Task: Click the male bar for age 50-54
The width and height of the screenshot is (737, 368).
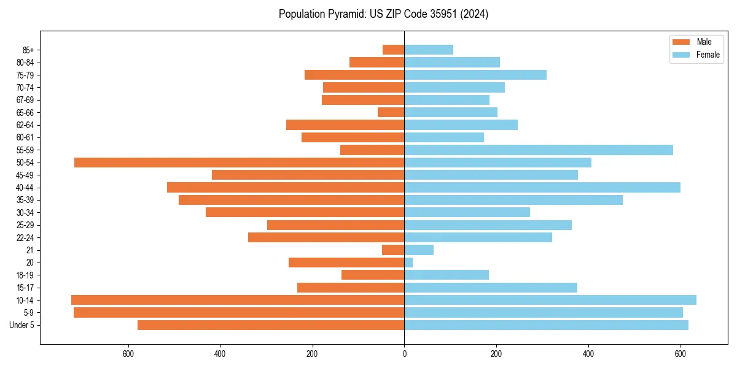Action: [239, 163]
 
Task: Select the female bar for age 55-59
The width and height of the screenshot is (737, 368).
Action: [539, 150]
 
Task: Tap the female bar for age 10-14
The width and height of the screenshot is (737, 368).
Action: [550, 300]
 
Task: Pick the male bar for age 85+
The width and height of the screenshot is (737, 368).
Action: [393, 50]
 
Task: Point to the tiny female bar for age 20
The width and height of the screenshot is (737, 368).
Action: [408, 263]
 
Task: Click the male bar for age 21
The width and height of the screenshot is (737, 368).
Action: [393, 250]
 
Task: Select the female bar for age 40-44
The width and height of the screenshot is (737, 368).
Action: [542, 188]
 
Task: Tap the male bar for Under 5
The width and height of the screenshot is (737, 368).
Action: [271, 325]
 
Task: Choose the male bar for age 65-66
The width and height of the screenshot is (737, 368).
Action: [391, 112]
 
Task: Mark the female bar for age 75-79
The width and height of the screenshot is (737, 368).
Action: [475, 75]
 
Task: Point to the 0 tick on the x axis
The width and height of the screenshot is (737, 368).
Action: [404, 354]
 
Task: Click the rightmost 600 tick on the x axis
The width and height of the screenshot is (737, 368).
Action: [680, 354]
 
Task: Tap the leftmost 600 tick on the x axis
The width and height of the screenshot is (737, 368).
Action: [128, 354]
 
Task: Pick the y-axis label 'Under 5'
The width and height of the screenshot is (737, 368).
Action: [22, 325]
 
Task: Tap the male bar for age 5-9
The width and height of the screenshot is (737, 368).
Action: [239, 313]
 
